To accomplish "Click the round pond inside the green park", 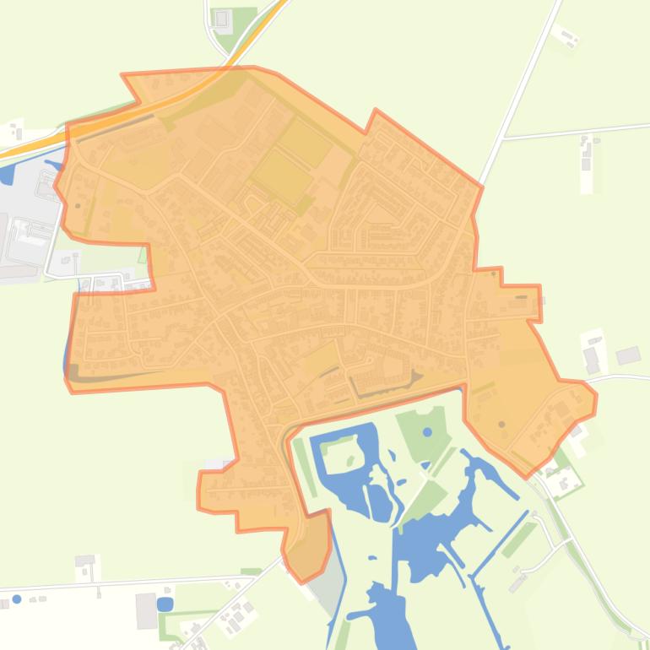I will coord(427,432).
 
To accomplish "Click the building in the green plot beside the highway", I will coord(222,19).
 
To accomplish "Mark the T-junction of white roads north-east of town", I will coord(504,136).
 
